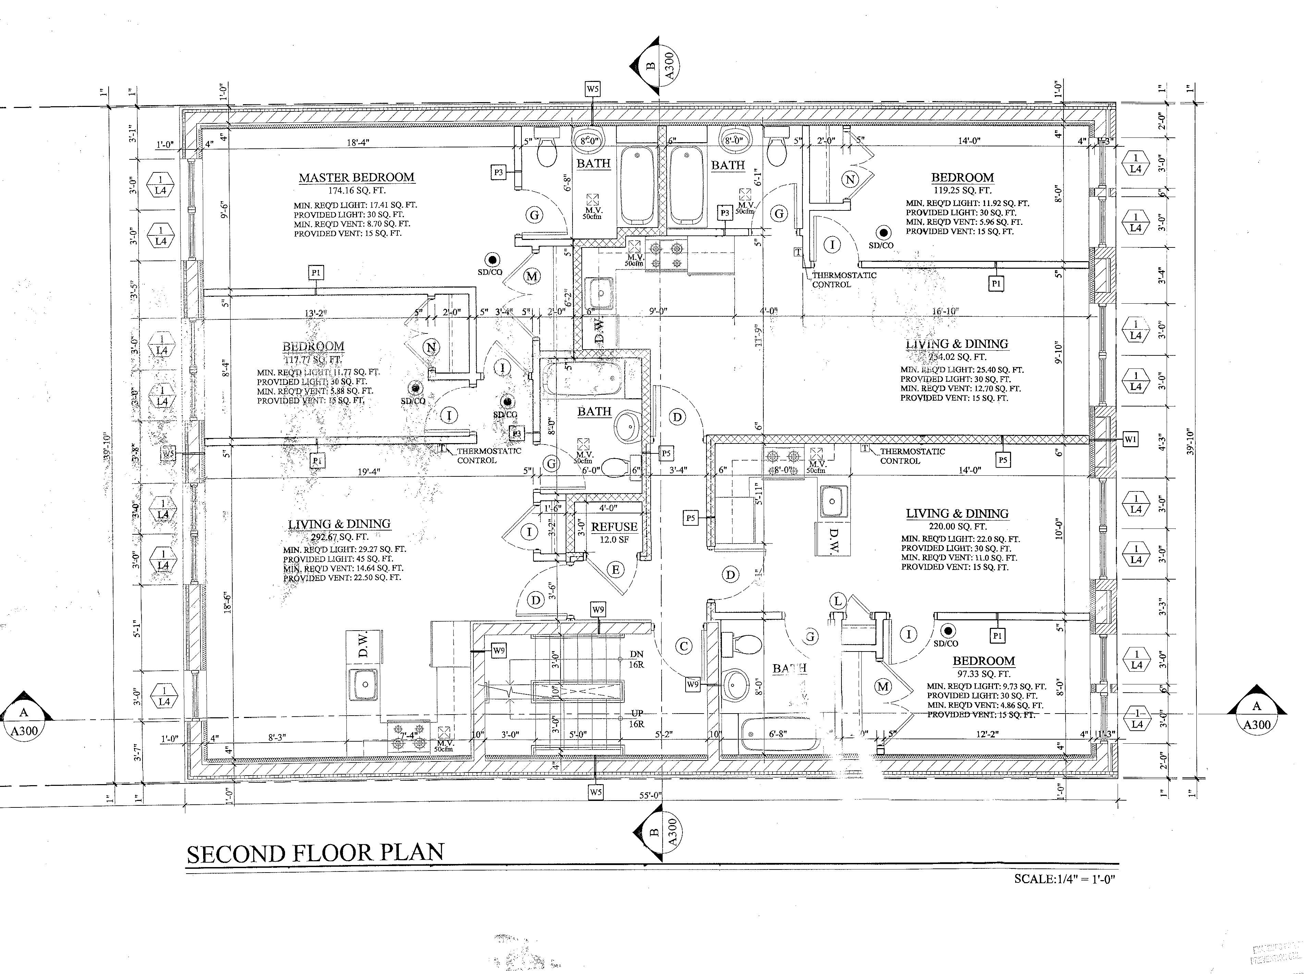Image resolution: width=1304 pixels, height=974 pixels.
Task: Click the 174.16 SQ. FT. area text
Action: tap(357, 191)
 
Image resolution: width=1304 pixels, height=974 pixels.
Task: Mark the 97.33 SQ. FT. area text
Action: tap(983, 674)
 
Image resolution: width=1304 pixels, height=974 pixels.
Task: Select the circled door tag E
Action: tap(616, 570)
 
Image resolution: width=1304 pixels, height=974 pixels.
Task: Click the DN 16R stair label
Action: tap(636, 659)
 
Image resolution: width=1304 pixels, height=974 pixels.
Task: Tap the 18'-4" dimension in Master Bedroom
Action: tap(358, 143)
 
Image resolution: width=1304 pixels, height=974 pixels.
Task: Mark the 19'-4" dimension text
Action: tap(369, 471)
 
